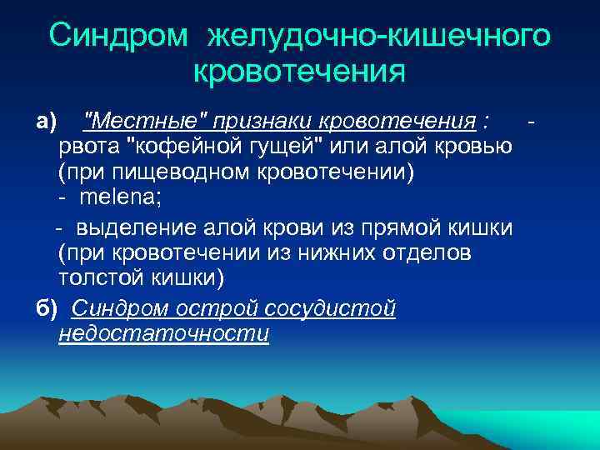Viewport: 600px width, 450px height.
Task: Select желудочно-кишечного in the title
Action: pyautogui.click(x=378, y=36)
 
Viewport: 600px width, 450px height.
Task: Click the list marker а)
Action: pyautogui.click(x=46, y=123)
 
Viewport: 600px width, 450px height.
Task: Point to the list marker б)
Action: pyautogui.click(x=47, y=309)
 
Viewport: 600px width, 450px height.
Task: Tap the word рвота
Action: pyautogui.click(x=88, y=148)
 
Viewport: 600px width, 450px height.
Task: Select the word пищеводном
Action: pyautogui.click(x=166, y=173)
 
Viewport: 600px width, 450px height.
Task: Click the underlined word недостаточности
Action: pyautogui.click(x=164, y=334)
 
